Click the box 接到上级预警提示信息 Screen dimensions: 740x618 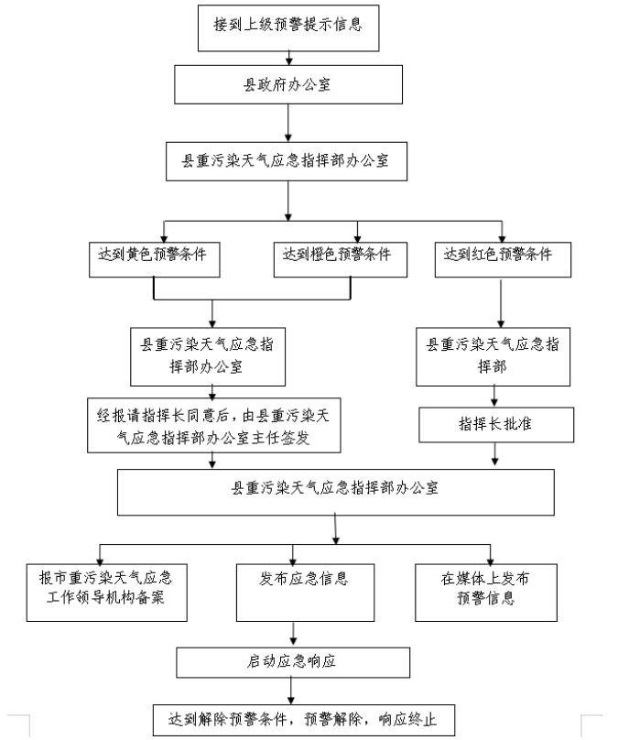point(287,26)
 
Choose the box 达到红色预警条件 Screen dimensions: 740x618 point(502,256)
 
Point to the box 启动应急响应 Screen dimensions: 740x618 point(293,661)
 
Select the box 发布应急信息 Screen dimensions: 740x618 point(293,589)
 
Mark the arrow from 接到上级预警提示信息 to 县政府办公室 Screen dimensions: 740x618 point(288,58)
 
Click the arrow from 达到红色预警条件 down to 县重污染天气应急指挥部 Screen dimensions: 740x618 point(500,302)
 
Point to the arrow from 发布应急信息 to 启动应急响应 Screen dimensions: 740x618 point(293,633)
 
